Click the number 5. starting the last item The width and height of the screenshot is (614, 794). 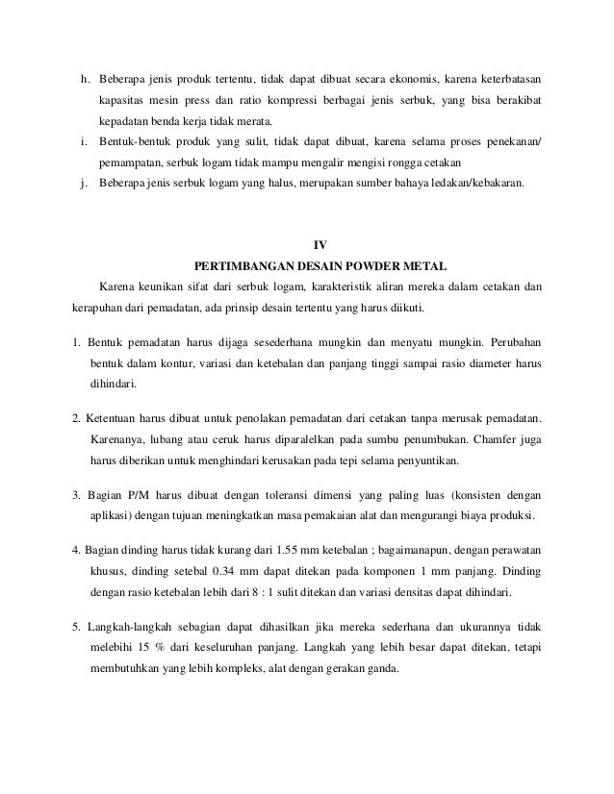tap(76, 627)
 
